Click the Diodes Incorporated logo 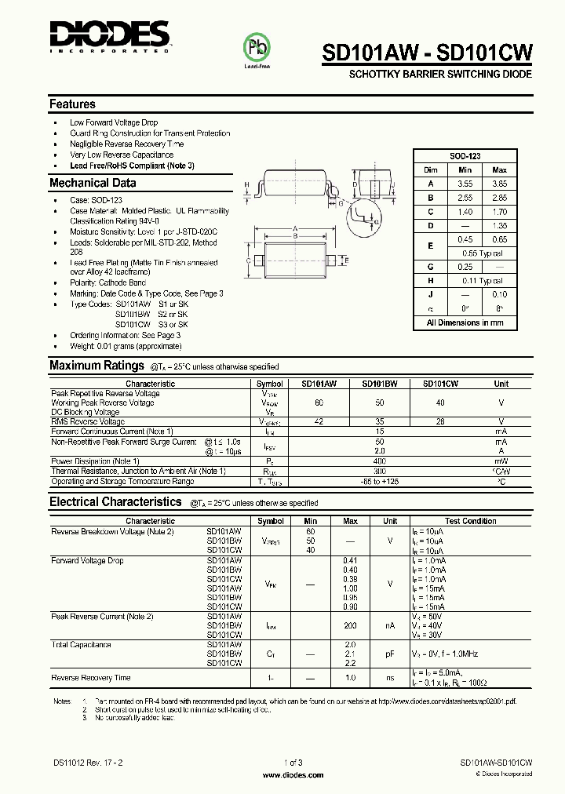pyautogui.click(x=109, y=35)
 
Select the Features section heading pyautogui.click(x=72, y=104)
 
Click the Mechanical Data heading pyautogui.click(x=93, y=183)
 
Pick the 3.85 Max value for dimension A pyautogui.click(x=499, y=184)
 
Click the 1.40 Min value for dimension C pyautogui.click(x=465, y=212)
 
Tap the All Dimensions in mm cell pyautogui.click(x=465, y=322)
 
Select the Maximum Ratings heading pyautogui.click(x=97, y=366)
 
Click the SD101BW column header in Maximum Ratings pyautogui.click(x=380, y=384)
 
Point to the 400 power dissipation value pyautogui.click(x=380, y=461)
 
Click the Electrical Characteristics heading pyautogui.click(x=115, y=502)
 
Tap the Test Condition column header pyautogui.click(x=470, y=521)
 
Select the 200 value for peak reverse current pyautogui.click(x=350, y=625)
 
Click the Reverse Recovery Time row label pyautogui.click(x=91, y=677)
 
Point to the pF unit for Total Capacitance pyautogui.click(x=390, y=654)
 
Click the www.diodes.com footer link pyautogui.click(x=292, y=774)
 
